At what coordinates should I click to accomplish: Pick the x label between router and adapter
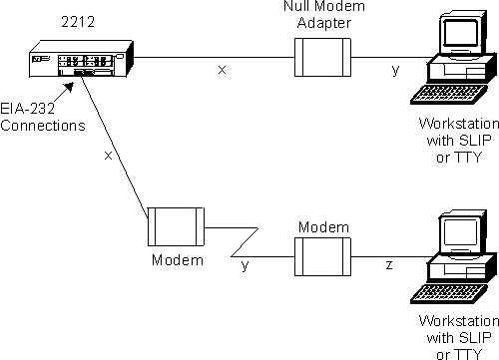222,71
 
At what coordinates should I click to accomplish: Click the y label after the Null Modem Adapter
395,71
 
